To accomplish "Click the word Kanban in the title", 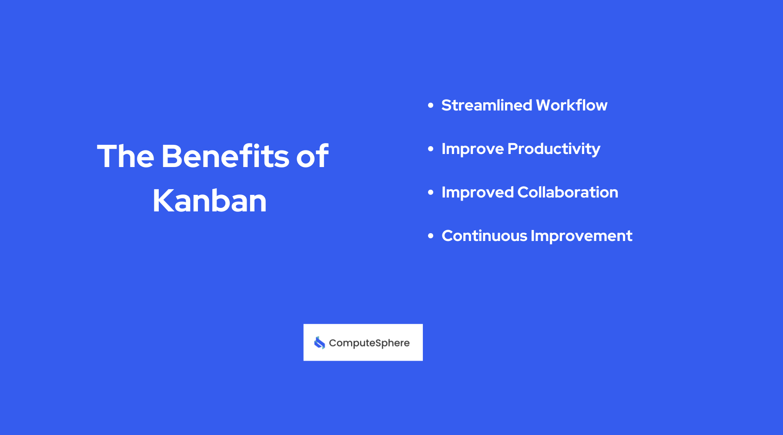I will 210,201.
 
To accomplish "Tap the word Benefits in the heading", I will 225,156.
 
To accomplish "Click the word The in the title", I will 126,156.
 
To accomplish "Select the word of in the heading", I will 312,156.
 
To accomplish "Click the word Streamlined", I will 487,105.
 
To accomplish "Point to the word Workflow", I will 572,105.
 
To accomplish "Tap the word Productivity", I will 554,149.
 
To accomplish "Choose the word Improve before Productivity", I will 472,149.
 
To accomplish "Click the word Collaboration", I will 568,192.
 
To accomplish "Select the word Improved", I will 478,192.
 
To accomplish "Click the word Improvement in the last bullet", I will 582,236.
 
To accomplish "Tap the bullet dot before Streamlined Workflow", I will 431,105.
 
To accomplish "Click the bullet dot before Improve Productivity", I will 431,149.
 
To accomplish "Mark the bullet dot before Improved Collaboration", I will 431,192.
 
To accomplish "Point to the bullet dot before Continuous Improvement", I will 431,236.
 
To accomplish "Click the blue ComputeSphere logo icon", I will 320,343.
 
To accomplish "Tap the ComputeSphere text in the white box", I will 369,343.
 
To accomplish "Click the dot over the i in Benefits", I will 257,145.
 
